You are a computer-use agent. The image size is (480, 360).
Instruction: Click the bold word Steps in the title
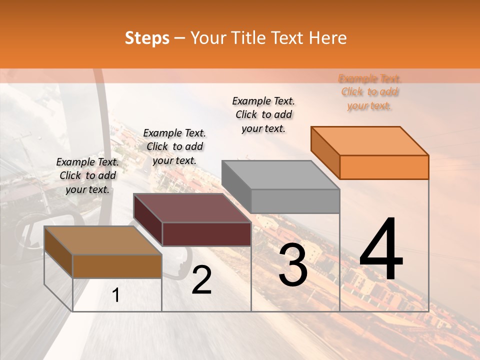(x=147, y=38)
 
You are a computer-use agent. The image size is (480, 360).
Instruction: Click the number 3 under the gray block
(x=293, y=265)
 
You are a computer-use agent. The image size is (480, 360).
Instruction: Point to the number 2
(x=201, y=280)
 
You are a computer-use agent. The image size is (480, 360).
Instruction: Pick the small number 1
(x=116, y=295)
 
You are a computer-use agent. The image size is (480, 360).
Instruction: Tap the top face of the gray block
(x=280, y=174)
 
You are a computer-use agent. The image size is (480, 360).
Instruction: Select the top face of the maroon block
(x=192, y=207)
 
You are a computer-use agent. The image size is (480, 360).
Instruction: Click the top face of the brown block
(x=103, y=240)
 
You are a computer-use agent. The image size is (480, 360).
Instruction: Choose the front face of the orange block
(x=384, y=167)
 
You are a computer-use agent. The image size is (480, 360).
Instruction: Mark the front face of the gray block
(x=295, y=201)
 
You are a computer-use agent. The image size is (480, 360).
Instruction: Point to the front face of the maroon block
(x=206, y=234)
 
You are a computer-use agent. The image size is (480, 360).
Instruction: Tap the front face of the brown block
(x=117, y=266)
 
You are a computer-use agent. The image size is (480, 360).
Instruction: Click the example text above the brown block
(x=87, y=175)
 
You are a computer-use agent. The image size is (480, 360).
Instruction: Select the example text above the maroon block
(x=174, y=146)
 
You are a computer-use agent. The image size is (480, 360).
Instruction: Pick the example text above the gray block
(x=263, y=114)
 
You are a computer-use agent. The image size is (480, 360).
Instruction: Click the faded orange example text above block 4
(x=369, y=92)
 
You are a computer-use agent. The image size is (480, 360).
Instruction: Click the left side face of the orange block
(x=325, y=153)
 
